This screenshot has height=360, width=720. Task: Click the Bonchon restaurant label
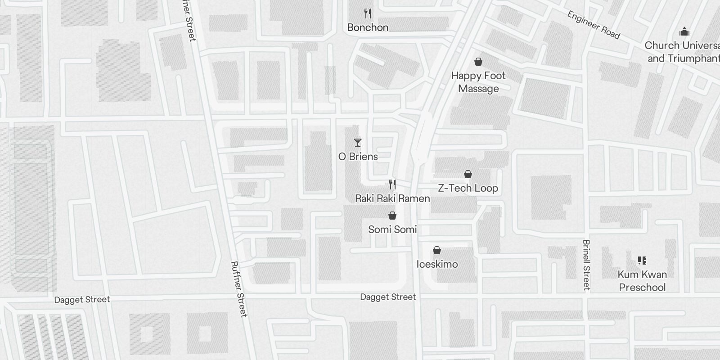pyautogui.click(x=368, y=27)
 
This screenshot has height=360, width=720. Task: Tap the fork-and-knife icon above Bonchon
pyautogui.click(x=368, y=14)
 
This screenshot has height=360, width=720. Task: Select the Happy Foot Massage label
pyautogui.click(x=478, y=82)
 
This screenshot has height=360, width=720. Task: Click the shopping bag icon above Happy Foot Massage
pyautogui.click(x=478, y=62)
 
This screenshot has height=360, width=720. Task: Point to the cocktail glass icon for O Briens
pyautogui.click(x=358, y=143)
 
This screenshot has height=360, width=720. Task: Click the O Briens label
pyautogui.click(x=358, y=157)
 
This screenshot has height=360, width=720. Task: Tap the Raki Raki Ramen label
pyautogui.click(x=392, y=198)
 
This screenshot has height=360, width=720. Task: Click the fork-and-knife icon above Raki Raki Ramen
pyautogui.click(x=392, y=184)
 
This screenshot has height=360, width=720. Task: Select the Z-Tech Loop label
pyautogui.click(x=468, y=188)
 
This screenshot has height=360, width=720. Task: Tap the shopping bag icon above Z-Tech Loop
pyautogui.click(x=468, y=174)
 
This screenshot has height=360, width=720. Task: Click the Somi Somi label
pyautogui.click(x=392, y=229)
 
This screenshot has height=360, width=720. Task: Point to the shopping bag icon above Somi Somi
pyautogui.click(x=392, y=216)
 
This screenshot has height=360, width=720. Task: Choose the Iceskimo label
pyautogui.click(x=437, y=264)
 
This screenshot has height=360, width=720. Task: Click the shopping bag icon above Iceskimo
pyautogui.click(x=437, y=250)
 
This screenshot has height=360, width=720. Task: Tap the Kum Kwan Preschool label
pyautogui.click(x=642, y=281)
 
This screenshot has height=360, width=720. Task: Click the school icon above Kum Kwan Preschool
pyautogui.click(x=642, y=261)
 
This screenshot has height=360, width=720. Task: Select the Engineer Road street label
pyautogui.click(x=594, y=25)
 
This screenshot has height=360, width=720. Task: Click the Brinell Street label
pyautogui.click(x=586, y=265)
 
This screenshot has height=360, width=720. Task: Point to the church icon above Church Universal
pyautogui.click(x=684, y=31)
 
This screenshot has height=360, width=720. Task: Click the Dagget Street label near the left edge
pyautogui.click(x=82, y=300)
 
